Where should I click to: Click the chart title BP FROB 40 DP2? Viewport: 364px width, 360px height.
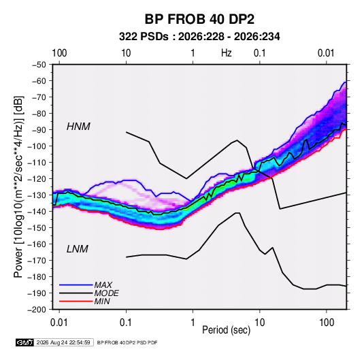199,19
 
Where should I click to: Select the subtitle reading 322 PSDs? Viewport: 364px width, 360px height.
144,37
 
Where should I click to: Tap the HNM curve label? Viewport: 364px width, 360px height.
78,127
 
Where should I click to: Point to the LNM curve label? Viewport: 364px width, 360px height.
78,249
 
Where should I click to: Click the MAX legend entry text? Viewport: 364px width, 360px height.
103,284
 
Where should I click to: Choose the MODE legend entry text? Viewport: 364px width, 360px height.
107,293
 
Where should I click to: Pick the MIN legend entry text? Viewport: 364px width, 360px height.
102,301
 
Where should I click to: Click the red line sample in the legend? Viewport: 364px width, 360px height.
76,301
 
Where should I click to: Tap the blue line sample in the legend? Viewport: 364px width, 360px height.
76,284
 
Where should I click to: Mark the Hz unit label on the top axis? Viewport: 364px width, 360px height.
227,53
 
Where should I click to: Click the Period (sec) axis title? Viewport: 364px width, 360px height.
227,330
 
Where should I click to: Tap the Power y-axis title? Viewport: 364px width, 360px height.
18,187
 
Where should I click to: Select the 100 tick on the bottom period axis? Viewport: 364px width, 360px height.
327,323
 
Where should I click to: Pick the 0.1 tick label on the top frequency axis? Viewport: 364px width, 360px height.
259,53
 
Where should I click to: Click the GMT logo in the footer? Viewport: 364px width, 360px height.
24,342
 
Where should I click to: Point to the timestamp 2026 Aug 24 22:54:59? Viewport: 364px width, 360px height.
63,342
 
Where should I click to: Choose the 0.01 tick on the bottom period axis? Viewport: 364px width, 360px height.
59,323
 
